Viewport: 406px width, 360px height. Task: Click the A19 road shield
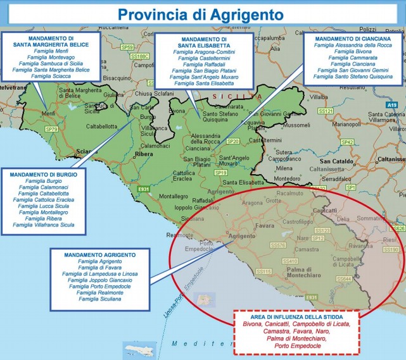click(x=392, y=104)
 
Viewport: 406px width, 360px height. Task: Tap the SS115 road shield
click(x=264, y=271)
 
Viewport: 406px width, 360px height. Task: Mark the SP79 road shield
click(x=52, y=129)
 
